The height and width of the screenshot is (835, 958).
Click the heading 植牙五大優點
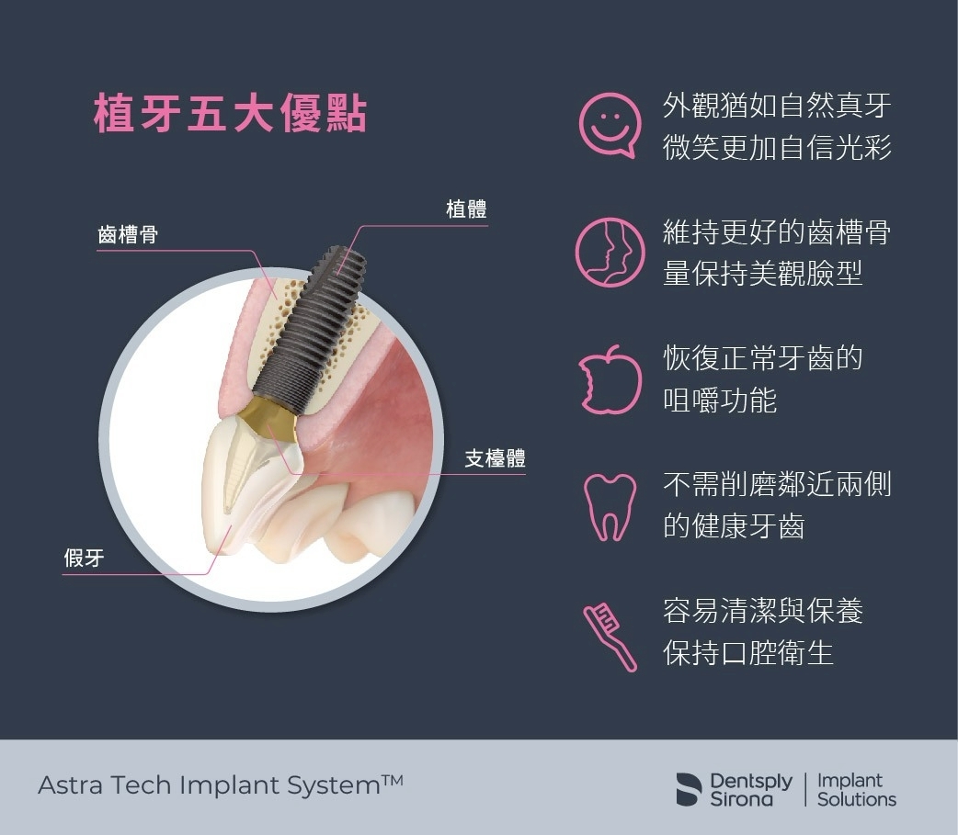[231, 114]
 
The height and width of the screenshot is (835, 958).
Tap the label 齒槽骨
[128, 234]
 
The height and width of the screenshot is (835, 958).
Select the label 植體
[466, 209]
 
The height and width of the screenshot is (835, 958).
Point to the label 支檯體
[495, 458]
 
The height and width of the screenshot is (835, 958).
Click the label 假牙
[85, 558]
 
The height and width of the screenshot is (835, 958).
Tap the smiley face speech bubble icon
[610, 125]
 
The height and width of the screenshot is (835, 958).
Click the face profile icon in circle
[610, 252]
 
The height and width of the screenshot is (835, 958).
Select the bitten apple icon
[610, 379]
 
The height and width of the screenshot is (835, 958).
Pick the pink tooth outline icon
[610, 507]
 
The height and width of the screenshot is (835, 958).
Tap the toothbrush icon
[610, 638]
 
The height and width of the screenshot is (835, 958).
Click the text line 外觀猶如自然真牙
[777, 106]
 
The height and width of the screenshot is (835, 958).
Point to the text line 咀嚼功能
[720, 401]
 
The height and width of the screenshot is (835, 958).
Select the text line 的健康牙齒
[734, 526]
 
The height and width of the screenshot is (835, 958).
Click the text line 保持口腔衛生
[748, 653]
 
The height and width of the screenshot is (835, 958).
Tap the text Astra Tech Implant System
[209, 785]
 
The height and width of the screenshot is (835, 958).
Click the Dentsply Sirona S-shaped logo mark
[689, 789]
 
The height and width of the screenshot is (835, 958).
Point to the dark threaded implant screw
[309, 330]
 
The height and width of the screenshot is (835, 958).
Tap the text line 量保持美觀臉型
[762, 273]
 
